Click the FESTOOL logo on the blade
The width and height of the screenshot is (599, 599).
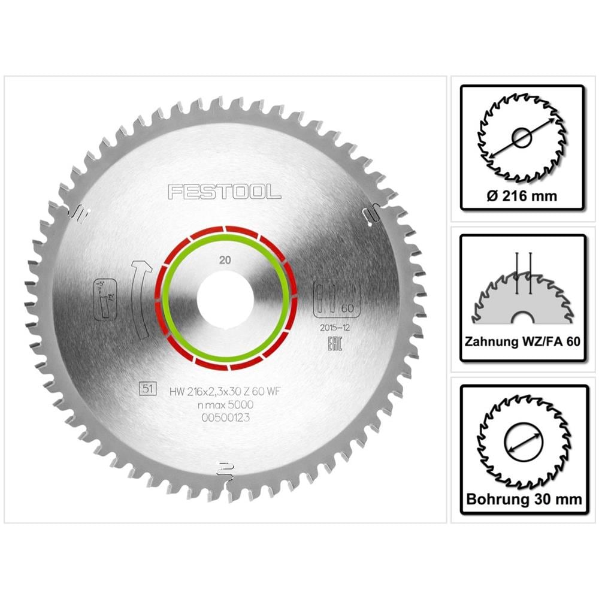coord(224,192)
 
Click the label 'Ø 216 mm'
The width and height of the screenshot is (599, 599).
coord(522,195)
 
